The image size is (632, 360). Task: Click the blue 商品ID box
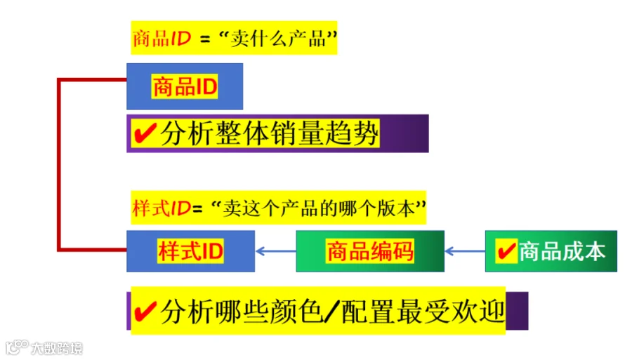(185, 86)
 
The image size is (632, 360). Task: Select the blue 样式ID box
(190, 251)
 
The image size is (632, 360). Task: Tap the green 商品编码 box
(370, 251)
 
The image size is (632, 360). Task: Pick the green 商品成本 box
(551, 251)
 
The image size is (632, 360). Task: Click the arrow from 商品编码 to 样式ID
(276, 251)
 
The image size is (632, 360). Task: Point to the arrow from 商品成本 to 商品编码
(465, 251)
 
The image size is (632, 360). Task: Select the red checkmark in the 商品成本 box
(506, 251)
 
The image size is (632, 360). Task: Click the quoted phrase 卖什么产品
(277, 39)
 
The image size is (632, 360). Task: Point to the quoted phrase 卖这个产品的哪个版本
(318, 208)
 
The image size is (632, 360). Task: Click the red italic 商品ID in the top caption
(162, 39)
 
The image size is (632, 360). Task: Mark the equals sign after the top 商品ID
(205, 40)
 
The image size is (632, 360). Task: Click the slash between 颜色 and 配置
(332, 312)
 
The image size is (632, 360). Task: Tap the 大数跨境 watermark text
(57, 348)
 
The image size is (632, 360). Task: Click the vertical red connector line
(59, 165)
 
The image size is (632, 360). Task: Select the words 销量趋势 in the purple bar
(324, 133)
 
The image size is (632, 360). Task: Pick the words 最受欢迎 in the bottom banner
(451, 312)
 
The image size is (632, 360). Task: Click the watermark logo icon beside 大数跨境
(17, 347)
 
